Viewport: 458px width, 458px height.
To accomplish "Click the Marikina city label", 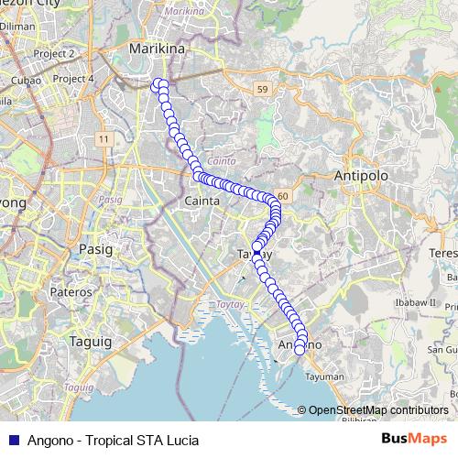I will [x=153, y=47].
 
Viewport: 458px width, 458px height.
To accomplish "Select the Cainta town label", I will [x=202, y=200].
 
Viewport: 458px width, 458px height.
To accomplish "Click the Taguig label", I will [x=90, y=342].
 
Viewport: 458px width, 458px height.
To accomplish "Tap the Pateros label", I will [x=71, y=290].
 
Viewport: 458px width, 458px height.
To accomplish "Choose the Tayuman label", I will [x=325, y=376].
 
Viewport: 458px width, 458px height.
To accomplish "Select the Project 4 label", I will [x=73, y=79].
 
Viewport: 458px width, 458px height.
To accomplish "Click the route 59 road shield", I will [x=262, y=89].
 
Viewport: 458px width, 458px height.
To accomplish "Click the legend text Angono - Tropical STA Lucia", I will [x=114, y=440].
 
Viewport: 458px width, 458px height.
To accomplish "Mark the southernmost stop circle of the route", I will [x=300, y=349].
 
